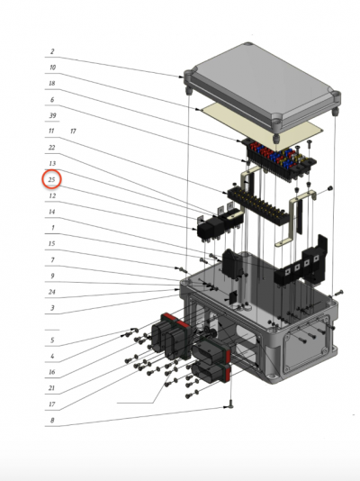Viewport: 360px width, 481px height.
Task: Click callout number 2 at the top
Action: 52,51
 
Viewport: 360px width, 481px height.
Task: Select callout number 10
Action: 52,68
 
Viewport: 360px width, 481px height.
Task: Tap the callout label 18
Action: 52,83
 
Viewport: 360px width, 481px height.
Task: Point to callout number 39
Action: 53,115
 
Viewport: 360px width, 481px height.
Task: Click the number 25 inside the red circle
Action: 51,179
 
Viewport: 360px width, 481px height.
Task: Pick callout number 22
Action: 52,148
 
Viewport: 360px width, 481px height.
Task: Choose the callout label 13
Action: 52,163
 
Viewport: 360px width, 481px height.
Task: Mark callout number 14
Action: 52,212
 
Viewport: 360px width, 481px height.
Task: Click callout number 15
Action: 52,243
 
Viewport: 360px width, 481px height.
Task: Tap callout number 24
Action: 52,292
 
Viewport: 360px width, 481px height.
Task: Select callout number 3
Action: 52,308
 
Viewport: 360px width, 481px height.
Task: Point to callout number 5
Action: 52,340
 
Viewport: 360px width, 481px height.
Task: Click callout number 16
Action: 52,372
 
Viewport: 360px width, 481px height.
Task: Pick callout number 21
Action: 52,388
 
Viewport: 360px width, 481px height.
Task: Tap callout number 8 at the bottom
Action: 52,421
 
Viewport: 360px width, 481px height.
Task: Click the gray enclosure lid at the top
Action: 262,86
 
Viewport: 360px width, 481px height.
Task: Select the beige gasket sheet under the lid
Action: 261,126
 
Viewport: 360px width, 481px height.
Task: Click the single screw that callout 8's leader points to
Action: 230,406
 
